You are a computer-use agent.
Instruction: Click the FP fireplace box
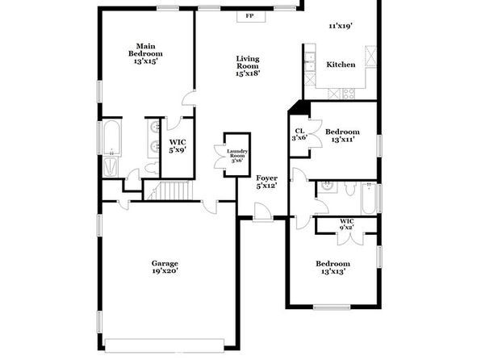(251, 16)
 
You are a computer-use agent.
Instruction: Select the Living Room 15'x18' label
(248, 66)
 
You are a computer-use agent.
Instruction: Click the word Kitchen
(341, 65)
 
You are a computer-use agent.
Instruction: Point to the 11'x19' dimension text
(341, 26)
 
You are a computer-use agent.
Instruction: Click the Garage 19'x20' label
(165, 267)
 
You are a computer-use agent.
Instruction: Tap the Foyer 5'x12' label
(266, 182)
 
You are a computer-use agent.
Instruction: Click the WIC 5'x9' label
(178, 146)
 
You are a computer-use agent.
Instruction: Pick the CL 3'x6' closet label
(299, 135)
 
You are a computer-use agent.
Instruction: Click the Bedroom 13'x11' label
(342, 136)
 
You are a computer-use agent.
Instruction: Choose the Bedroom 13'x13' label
(333, 268)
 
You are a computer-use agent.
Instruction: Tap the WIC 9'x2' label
(347, 224)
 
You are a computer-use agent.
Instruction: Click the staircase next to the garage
(168, 190)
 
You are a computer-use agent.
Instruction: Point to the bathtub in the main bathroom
(111, 138)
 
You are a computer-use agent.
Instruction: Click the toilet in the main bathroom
(152, 168)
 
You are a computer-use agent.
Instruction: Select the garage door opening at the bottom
(165, 345)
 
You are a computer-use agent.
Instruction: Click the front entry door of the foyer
(263, 211)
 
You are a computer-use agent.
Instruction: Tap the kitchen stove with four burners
(349, 94)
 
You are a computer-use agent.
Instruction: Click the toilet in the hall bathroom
(349, 189)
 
